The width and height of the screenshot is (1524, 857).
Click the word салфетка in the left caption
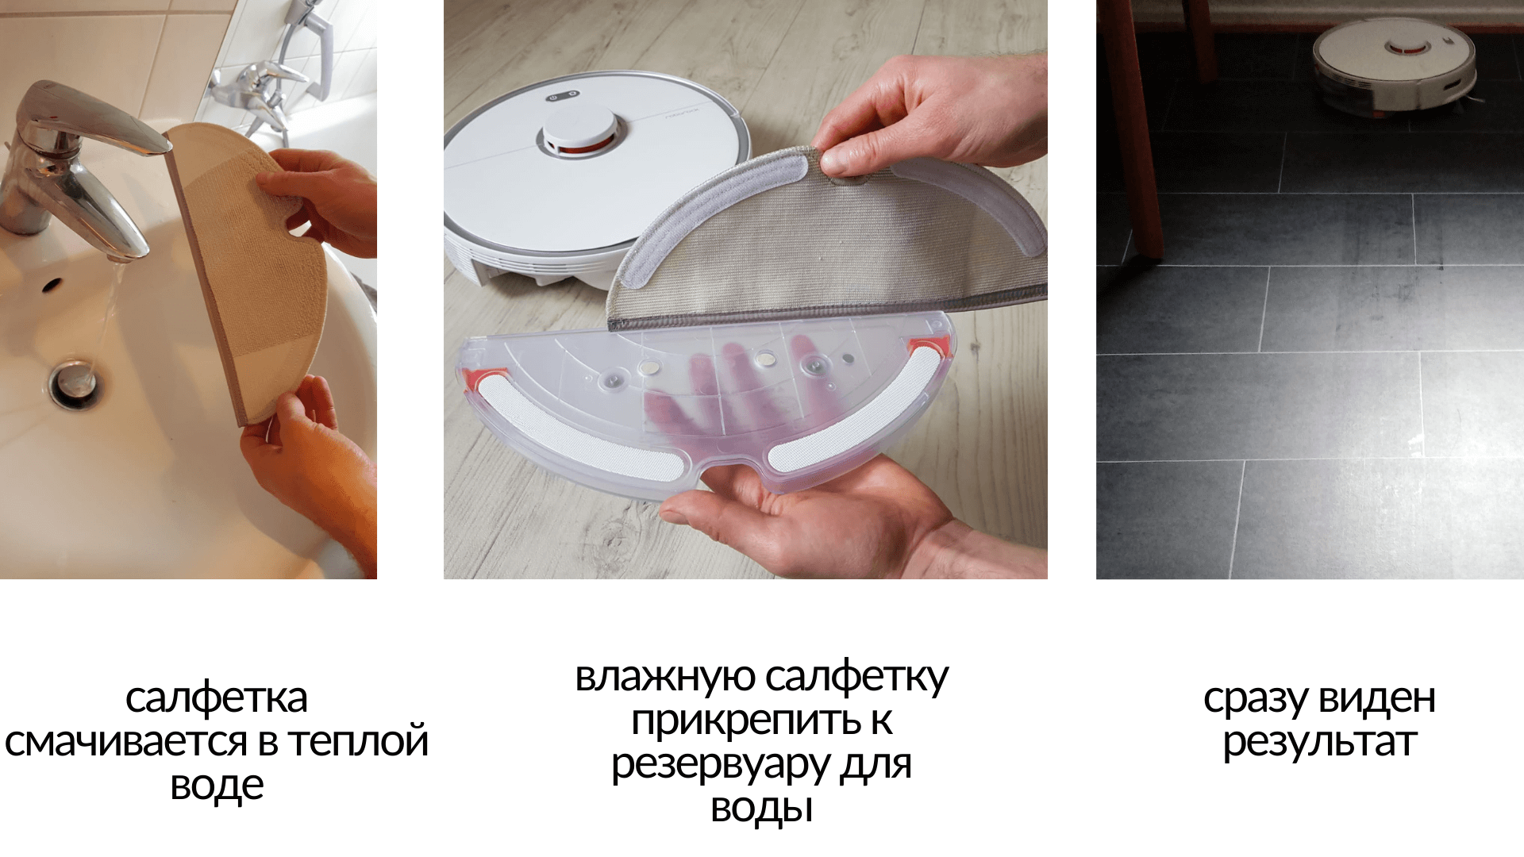216,699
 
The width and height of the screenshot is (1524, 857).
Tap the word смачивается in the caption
126,742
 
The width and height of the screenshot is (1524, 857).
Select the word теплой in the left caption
358,742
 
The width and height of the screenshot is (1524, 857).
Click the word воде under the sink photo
217,786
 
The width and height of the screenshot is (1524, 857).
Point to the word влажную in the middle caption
664,678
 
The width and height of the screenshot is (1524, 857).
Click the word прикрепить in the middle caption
745,721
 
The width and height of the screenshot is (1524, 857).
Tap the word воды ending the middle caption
761,809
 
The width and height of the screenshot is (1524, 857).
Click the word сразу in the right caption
1255,699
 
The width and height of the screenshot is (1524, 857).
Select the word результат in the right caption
1319,743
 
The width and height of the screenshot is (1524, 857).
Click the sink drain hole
76,385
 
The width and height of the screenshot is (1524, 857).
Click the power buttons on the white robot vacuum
562,95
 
